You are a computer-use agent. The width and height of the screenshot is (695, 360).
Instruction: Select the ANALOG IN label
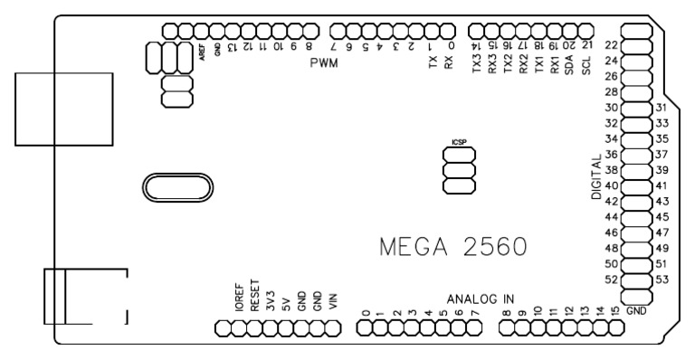click(481, 298)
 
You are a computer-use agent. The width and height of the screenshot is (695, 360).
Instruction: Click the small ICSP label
click(459, 143)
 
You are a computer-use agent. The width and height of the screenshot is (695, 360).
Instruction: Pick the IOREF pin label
click(239, 297)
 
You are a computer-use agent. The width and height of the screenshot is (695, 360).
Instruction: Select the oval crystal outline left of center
click(176, 189)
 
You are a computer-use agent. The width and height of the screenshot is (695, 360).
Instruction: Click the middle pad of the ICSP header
click(459, 171)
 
